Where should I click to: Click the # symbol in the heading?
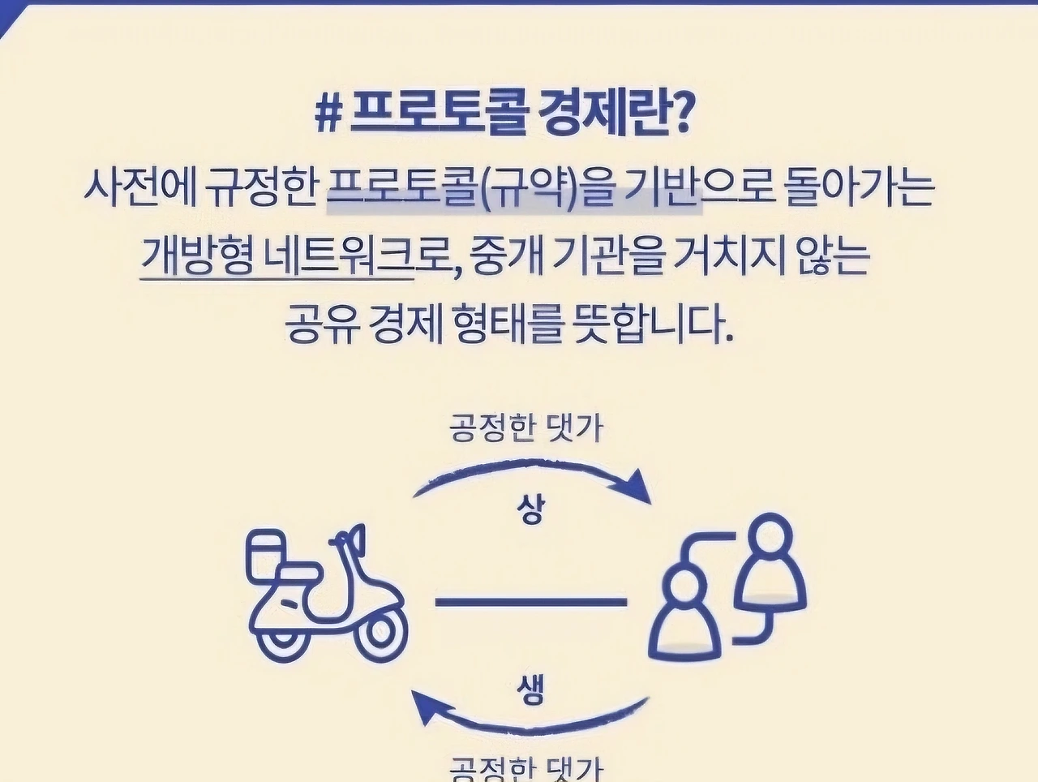coord(328,117)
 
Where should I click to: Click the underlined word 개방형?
coord(195,257)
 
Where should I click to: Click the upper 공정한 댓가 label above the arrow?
coord(527,428)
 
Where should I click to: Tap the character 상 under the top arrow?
coord(531,509)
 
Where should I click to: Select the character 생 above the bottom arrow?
coord(531,691)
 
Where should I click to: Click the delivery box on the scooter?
coord(267,556)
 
